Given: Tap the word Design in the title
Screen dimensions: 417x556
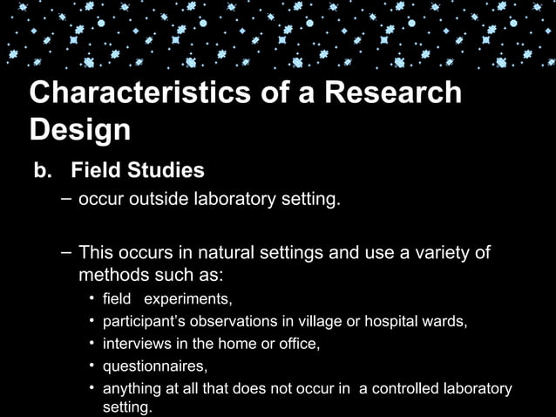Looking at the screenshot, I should (80, 131).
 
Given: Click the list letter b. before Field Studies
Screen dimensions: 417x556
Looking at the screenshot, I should (44, 169).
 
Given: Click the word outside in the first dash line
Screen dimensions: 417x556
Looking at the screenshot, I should (151, 201).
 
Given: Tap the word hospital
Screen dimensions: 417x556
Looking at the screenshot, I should (395, 322).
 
